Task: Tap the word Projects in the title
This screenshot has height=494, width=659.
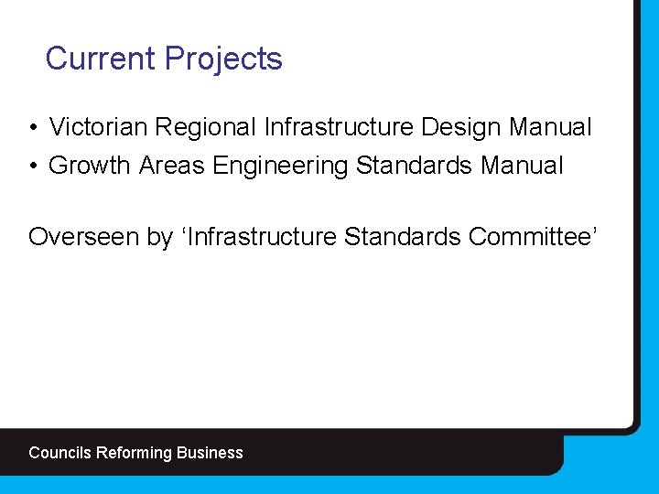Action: (x=223, y=59)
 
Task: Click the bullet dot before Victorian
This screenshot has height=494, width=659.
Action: (x=32, y=127)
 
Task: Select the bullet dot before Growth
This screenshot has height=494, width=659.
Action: (x=32, y=166)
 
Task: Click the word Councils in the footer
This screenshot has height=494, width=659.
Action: (x=60, y=453)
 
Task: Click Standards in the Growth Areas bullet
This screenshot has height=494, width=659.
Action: (x=410, y=166)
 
